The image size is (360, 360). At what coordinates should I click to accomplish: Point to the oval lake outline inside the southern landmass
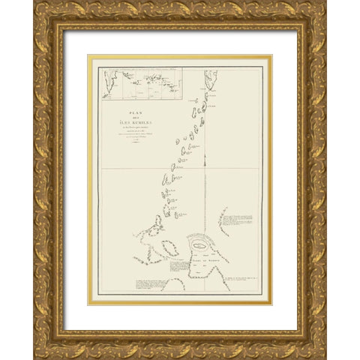(199, 246)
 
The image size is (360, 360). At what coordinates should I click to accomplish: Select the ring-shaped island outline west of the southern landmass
(169, 247)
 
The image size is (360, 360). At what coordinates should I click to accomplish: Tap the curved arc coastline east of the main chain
(223, 222)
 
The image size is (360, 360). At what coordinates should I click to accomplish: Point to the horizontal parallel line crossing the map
(180, 168)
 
